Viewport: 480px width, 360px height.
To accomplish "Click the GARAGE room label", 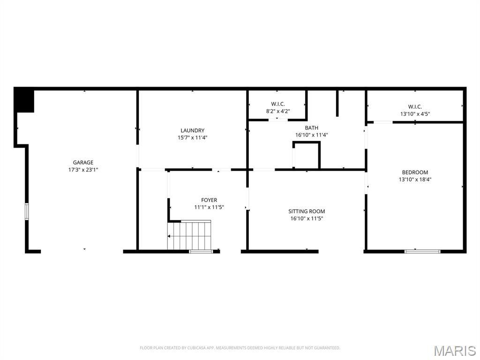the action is tap(83, 163).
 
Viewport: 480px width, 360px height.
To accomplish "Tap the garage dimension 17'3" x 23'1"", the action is tap(83, 170).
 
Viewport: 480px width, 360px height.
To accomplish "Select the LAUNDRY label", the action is tap(192, 130).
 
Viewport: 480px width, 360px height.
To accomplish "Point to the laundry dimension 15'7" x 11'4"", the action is tap(192, 137).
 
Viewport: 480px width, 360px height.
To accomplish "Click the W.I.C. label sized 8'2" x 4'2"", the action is tap(278, 104).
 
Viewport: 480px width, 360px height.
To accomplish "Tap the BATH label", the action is tap(311, 127).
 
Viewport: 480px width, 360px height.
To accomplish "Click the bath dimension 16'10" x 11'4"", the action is tap(311, 135).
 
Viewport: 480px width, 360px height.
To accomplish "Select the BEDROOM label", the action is tap(415, 172).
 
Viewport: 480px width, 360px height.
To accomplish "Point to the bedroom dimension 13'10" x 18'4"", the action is tap(415, 180).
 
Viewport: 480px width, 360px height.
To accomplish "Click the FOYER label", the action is tap(209, 200).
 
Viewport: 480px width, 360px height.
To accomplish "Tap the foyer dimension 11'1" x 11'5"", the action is tap(209, 207).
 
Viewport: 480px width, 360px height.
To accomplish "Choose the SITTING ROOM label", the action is tap(307, 211).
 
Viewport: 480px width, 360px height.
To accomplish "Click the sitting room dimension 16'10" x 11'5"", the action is tap(307, 218).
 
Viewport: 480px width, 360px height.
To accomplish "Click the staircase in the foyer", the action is tap(189, 235).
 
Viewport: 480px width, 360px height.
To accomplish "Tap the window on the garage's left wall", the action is tap(27, 211).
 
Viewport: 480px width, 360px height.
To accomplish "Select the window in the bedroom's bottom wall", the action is tap(422, 251).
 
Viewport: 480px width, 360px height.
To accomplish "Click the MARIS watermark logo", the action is tap(455, 351).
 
